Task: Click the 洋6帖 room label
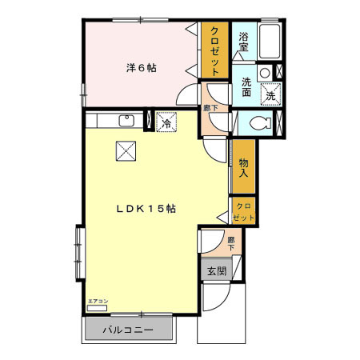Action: pyautogui.click(x=141, y=68)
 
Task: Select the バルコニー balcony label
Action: pyautogui.click(x=129, y=329)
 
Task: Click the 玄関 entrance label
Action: pyautogui.click(x=217, y=271)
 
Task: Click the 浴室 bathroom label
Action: pyautogui.click(x=246, y=41)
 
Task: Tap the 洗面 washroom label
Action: pyautogui.click(x=246, y=86)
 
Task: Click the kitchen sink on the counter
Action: pyautogui.click(x=126, y=121)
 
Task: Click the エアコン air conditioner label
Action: pyautogui.click(x=98, y=302)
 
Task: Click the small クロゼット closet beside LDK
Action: pyautogui.click(x=243, y=210)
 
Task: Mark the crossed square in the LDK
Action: pyautogui.click(x=126, y=150)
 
